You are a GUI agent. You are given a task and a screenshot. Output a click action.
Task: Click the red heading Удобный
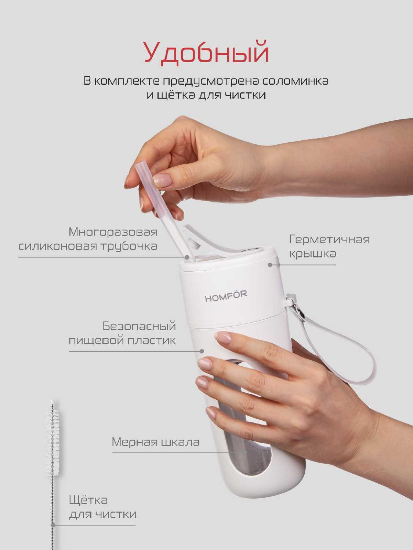point(206,53)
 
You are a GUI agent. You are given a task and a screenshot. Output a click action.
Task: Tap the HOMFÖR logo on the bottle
point(226,296)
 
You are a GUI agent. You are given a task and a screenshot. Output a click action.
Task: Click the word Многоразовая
point(113,232)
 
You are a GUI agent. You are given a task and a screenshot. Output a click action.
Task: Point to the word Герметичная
point(329,239)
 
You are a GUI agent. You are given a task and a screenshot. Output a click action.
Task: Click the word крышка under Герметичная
point(312,254)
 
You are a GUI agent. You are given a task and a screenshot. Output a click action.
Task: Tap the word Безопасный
point(139,326)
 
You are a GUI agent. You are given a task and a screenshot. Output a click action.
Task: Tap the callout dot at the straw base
point(187,257)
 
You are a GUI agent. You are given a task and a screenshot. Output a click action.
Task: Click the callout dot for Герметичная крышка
point(270,265)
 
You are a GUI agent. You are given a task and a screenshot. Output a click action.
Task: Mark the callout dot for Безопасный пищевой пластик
point(201,351)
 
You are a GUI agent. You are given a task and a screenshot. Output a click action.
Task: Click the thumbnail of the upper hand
point(163,180)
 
